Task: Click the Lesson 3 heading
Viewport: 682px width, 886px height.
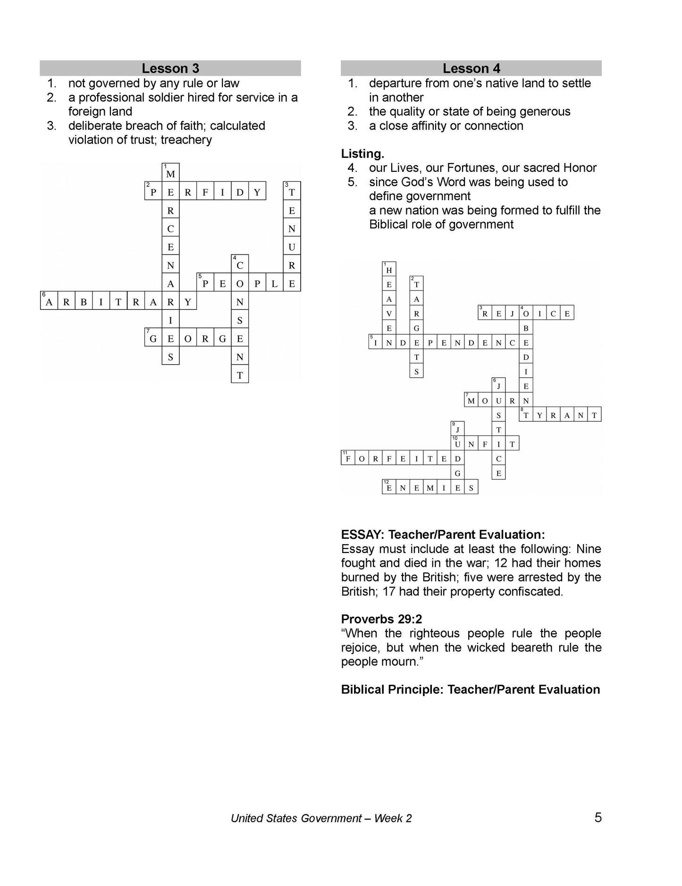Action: coord(170,68)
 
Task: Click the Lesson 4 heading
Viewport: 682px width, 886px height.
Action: coord(471,68)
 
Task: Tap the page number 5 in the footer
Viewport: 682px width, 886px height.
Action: coord(598,818)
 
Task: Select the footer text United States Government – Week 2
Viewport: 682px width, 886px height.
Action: coord(321,818)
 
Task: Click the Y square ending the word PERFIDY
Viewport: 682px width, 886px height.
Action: coord(257,192)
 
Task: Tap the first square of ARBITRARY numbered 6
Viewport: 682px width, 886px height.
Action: coord(49,302)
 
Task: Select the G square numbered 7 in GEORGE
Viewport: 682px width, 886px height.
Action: coord(153,339)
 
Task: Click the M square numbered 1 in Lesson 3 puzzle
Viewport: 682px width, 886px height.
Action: coord(170,173)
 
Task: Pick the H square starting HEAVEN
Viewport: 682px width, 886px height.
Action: coord(389,270)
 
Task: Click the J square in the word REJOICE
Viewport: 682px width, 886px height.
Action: coord(512,313)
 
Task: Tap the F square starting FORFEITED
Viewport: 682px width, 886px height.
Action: coord(348,458)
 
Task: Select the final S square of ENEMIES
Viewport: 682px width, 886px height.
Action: coord(471,488)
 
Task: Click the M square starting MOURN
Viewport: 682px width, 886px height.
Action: coord(471,401)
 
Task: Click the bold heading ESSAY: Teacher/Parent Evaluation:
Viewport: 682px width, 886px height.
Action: coord(443,535)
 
